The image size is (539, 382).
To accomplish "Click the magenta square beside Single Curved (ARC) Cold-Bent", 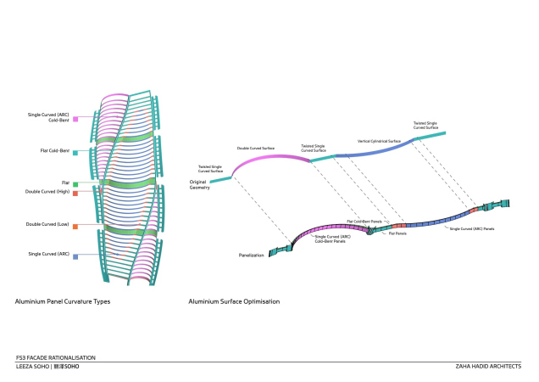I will (x=75, y=119).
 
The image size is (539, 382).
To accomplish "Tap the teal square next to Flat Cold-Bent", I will (x=75, y=153).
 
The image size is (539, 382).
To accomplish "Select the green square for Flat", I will (x=75, y=183).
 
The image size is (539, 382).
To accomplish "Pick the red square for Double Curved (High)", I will (x=75, y=194).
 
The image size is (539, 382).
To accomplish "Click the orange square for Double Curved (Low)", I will (x=75, y=227).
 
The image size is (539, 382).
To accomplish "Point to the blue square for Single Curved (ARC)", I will (x=75, y=256).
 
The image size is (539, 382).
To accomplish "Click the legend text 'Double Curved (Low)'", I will (x=47, y=225).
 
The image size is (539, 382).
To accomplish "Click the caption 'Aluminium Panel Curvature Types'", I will (x=63, y=301).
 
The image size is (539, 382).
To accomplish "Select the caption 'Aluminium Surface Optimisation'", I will (x=234, y=301).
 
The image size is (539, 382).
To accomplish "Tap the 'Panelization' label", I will (x=252, y=254).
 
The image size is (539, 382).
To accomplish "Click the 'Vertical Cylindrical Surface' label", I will (x=379, y=141).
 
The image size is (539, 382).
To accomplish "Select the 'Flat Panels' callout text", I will (x=397, y=233).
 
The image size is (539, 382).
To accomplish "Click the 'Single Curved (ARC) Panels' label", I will (x=471, y=228).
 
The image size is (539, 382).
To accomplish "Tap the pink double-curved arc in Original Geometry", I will (x=267, y=160).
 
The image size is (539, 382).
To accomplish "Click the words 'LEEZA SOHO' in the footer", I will (x=32, y=367).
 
